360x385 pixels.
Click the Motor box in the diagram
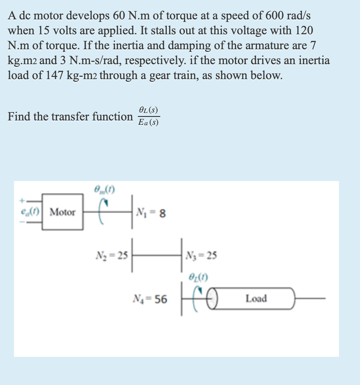[x=63, y=213]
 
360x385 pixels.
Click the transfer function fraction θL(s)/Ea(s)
[x=148, y=116]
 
